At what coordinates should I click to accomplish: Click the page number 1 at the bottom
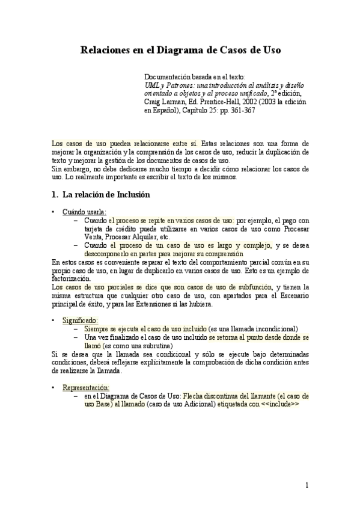pyautogui.click(x=307, y=485)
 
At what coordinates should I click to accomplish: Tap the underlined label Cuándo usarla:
pyautogui.click(x=84, y=211)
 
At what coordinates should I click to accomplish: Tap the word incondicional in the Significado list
pyautogui.click(x=267, y=329)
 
